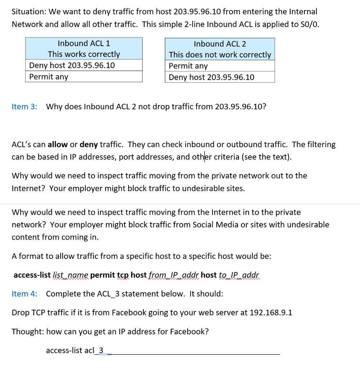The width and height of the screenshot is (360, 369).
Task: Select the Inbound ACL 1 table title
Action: tap(84, 43)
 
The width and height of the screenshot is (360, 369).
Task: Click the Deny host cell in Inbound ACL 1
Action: tap(72, 65)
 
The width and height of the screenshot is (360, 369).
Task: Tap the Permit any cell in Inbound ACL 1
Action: tap(49, 77)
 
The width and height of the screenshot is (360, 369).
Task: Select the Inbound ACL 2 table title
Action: tap(220, 44)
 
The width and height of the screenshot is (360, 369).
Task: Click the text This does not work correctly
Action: tap(220, 55)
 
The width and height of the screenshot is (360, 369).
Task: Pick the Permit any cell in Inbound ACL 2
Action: tap(188, 66)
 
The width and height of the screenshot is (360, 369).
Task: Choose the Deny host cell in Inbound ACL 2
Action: tap(211, 77)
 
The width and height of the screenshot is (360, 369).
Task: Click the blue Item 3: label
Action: tap(24, 107)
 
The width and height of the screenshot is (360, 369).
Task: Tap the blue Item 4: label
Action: tap(24, 294)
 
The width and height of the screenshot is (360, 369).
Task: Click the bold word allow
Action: tap(58, 145)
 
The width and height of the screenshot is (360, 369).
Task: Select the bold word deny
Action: tap(89, 145)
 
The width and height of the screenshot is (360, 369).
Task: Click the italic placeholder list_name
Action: tap(70, 275)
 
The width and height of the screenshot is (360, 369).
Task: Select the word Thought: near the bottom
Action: tap(28, 332)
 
